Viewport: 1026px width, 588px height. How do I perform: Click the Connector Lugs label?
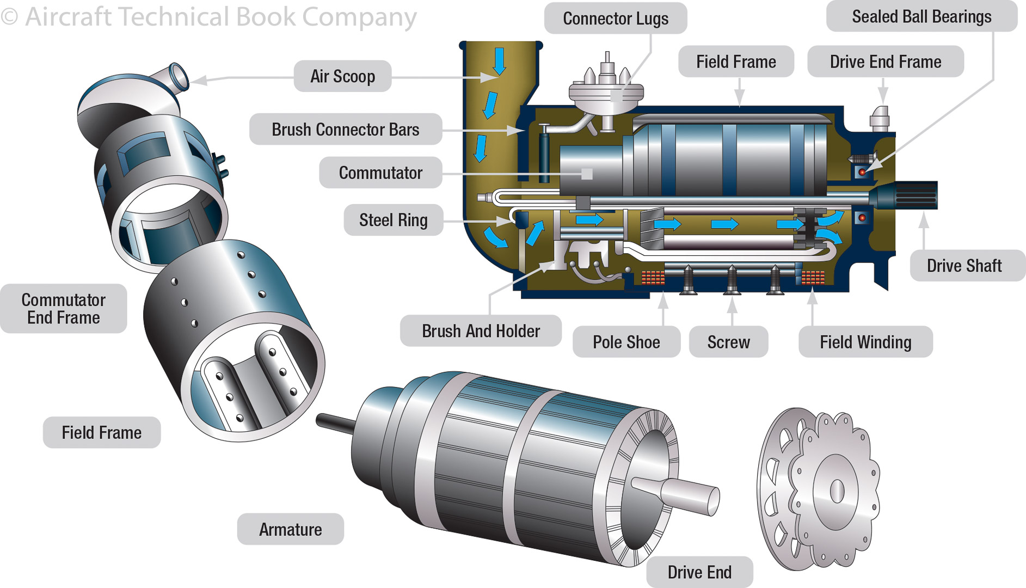click(x=615, y=19)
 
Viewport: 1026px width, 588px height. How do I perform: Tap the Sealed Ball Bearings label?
click(x=921, y=17)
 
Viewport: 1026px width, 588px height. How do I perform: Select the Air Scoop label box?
click(x=342, y=76)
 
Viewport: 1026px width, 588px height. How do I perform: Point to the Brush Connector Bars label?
click(x=345, y=130)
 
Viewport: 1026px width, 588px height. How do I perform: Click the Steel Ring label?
click(x=393, y=220)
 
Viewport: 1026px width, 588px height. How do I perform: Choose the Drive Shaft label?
click(x=964, y=266)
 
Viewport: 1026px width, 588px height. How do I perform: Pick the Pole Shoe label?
click(x=626, y=342)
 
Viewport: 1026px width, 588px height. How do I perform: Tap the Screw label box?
click(x=728, y=342)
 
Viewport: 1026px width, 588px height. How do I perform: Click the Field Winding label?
click(x=865, y=342)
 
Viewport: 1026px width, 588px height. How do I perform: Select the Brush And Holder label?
click(x=481, y=331)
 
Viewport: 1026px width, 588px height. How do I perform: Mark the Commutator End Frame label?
click(x=63, y=309)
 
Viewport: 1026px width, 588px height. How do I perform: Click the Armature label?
click(x=290, y=529)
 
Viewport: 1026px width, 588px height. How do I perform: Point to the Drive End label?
click(x=699, y=572)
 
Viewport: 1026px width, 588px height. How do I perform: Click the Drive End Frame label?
click(x=885, y=62)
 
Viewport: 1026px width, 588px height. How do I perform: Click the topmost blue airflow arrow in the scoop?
click(x=499, y=60)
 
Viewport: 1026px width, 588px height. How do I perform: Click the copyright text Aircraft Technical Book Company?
click(x=210, y=16)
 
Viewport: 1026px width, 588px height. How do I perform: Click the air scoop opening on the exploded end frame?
click(x=179, y=75)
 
